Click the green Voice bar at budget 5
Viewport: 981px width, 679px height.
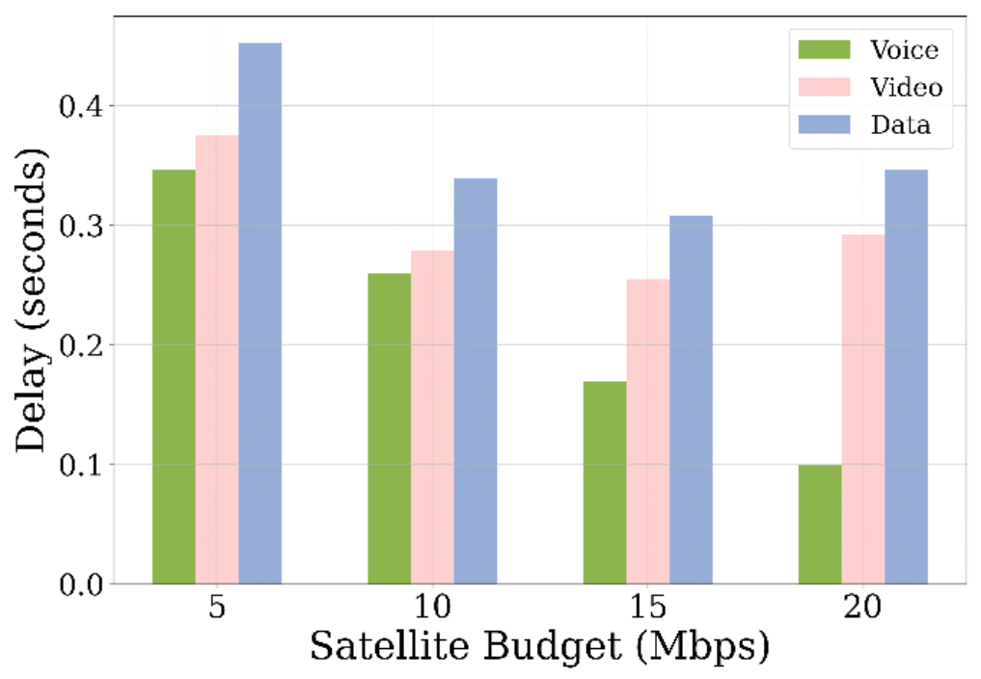(x=174, y=376)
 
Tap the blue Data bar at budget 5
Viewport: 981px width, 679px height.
(x=260, y=313)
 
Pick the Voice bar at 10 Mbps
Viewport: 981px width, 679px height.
(x=389, y=428)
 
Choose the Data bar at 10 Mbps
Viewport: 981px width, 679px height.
(x=476, y=381)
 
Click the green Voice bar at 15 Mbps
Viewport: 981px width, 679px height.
(x=605, y=482)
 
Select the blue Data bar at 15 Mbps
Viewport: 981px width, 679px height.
(x=691, y=399)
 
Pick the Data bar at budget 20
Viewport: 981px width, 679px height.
(x=907, y=376)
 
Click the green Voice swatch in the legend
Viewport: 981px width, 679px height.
(x=823, y=49)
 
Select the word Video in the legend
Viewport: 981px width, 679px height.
(x=905, y=87)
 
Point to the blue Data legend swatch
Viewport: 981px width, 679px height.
(x=823, y=124)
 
